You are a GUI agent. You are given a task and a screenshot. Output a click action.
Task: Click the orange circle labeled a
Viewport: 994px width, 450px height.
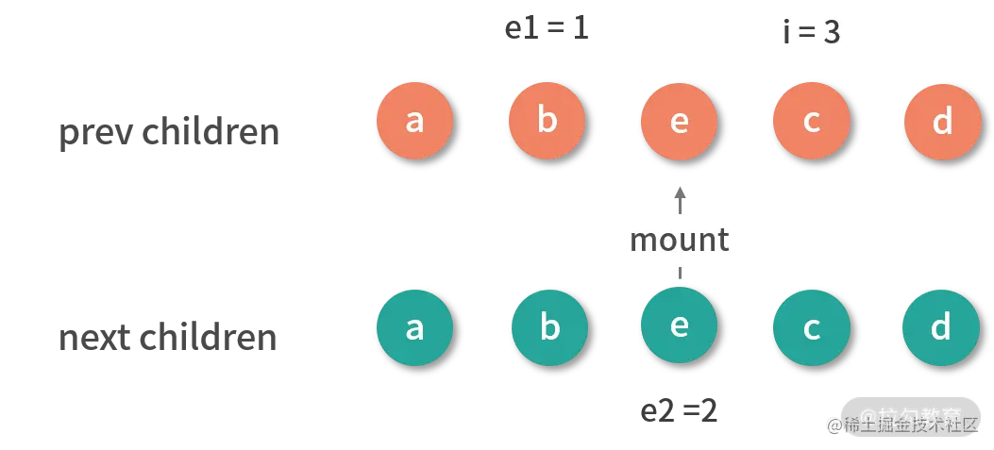(414, 122)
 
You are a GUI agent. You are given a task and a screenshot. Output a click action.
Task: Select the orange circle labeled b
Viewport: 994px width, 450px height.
(547, 122)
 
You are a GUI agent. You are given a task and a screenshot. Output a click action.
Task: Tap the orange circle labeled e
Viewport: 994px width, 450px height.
(679, 122)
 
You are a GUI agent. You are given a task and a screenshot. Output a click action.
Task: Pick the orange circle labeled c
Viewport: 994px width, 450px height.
(811, 122)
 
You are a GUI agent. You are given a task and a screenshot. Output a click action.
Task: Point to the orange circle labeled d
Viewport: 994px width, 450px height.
(941, 122)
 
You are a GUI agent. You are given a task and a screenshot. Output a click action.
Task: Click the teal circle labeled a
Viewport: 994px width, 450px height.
(414, 327)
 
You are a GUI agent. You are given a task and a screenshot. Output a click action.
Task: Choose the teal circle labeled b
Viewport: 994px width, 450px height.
(549, 327)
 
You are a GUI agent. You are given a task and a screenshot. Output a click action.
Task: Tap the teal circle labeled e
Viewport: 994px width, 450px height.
(679, 325)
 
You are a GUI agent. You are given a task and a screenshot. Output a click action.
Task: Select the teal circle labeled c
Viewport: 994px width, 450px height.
(811, 327)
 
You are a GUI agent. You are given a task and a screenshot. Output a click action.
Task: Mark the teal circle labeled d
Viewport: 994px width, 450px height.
(940, 327)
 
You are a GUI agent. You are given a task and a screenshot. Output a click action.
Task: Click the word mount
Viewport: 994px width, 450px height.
(679, 240)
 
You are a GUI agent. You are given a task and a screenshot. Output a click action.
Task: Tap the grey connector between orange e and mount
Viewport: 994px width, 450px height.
(679, 196)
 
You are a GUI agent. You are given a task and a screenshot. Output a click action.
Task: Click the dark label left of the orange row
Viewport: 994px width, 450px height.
(170, 135)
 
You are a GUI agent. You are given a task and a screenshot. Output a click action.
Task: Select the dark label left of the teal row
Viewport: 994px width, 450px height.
(170, 339)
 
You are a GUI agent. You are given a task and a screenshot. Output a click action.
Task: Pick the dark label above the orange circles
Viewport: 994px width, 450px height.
(543, 29)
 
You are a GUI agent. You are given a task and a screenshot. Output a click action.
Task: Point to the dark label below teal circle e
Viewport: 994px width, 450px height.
(677, 409)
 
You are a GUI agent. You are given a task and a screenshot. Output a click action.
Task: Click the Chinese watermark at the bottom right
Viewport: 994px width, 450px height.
(901, 421)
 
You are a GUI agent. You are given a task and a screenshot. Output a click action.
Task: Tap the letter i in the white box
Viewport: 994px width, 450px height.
(786, 32)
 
